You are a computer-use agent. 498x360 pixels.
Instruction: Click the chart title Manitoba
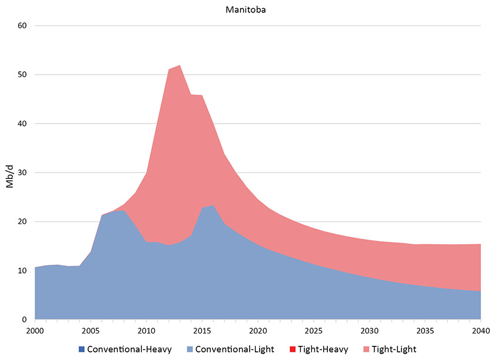(249, 10)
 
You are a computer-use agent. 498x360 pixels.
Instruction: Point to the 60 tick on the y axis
(23, 26)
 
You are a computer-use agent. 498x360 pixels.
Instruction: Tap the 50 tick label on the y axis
(23, 75)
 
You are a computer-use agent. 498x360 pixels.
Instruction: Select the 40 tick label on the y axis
(23, 124)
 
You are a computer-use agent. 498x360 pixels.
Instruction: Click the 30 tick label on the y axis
(23, 173)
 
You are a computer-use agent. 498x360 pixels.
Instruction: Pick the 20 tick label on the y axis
(23, 222)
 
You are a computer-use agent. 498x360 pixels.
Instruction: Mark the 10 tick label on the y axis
(23, 271)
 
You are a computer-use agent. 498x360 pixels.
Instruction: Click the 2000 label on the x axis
(35, 330)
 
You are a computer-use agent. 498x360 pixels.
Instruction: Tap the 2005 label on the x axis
(91, 330)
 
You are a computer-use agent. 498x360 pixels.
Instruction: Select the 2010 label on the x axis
(147, 330)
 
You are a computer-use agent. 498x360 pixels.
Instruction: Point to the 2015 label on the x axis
(202, 330)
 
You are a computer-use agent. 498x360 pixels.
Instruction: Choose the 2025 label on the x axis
(314, 330)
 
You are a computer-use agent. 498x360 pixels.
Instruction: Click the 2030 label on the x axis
(370, 330)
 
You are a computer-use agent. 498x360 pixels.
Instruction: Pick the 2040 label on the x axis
(481, 330)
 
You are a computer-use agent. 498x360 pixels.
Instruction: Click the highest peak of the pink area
(179, 65)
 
